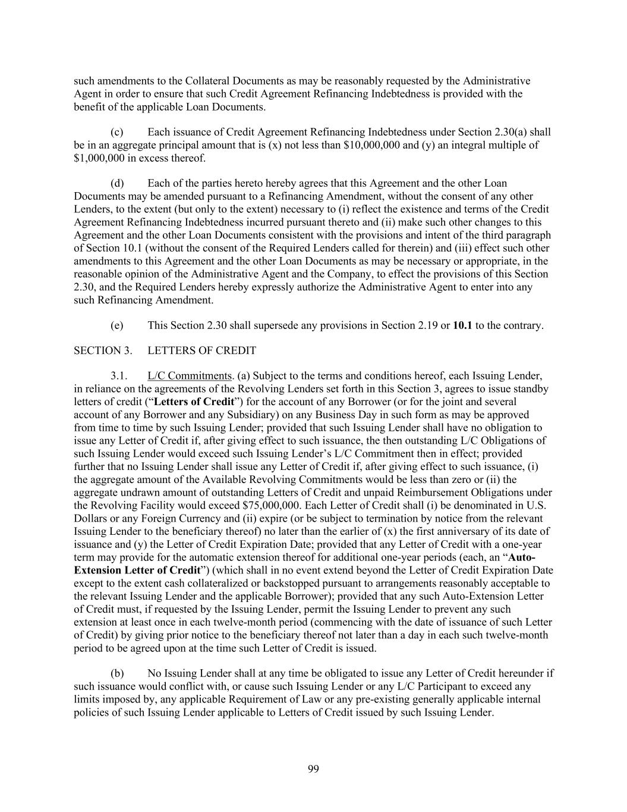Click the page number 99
(313, 769)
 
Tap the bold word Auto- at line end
(522, 557)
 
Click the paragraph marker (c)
(117, 132)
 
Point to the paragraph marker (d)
(117, 183)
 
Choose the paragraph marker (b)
(117, 673)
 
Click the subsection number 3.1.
(118, 376)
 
